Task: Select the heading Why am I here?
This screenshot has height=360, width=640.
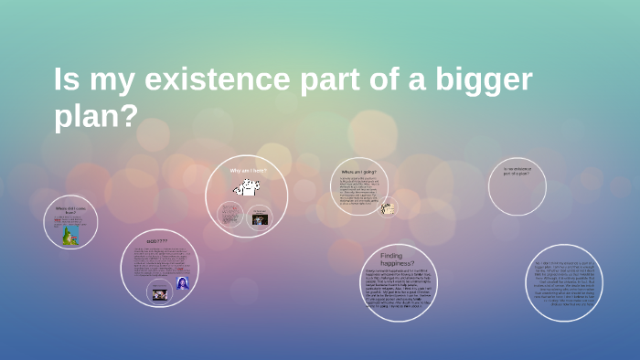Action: coord(247,170)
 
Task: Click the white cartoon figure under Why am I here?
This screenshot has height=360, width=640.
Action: coord(246,188)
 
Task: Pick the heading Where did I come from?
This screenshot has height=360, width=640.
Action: coord(70,210)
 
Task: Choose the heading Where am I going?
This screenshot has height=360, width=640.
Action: coord(358,172)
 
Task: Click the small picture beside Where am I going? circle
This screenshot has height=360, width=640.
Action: coord(388,207)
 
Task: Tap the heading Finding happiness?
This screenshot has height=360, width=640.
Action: coord(397,259)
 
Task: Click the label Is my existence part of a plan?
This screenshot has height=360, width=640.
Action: coord(517,171)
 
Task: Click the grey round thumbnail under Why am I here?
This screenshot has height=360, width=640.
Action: coord(230,216)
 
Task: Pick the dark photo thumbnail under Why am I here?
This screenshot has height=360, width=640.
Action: coord(260,218)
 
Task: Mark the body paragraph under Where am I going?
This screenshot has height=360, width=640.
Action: coord(358,190)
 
